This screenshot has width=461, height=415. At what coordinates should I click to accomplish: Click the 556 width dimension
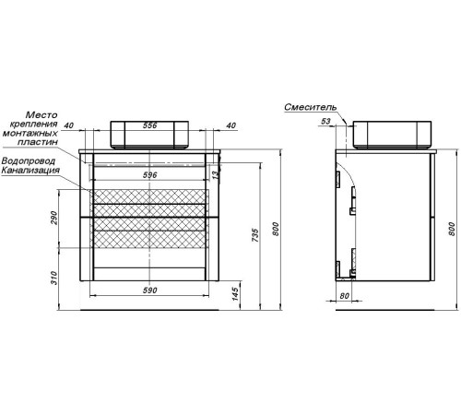pos(150,125)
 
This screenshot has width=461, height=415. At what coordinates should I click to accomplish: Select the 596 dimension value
pos(150,175)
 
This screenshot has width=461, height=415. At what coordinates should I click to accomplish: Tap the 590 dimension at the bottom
pos(150,290)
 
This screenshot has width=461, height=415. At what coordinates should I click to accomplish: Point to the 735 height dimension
pos(255,235)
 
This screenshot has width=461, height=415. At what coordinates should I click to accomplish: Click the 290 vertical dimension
pos(54,218)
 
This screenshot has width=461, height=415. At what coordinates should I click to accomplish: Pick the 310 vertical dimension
pos(54,278)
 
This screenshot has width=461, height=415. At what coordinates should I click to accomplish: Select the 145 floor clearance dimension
pos(235,294)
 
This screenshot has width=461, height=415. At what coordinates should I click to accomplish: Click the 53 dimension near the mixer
pos(325,121)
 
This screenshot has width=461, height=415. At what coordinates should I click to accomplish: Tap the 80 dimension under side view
pos(345,296)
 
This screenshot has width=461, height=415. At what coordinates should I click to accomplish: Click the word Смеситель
pos(311,107)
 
